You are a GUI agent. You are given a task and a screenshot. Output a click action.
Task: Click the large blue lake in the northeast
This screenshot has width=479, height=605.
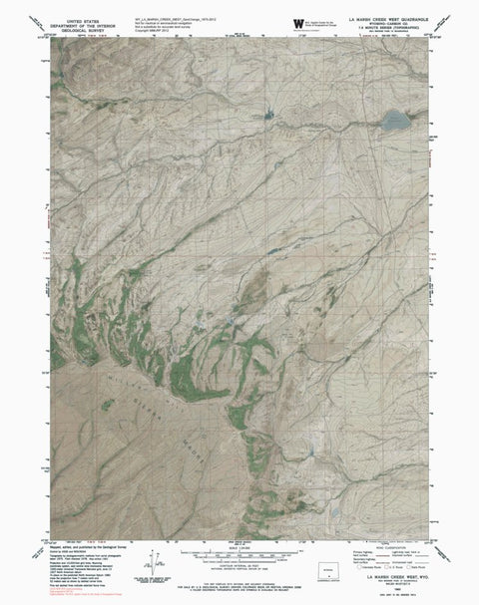click(390, 124)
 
